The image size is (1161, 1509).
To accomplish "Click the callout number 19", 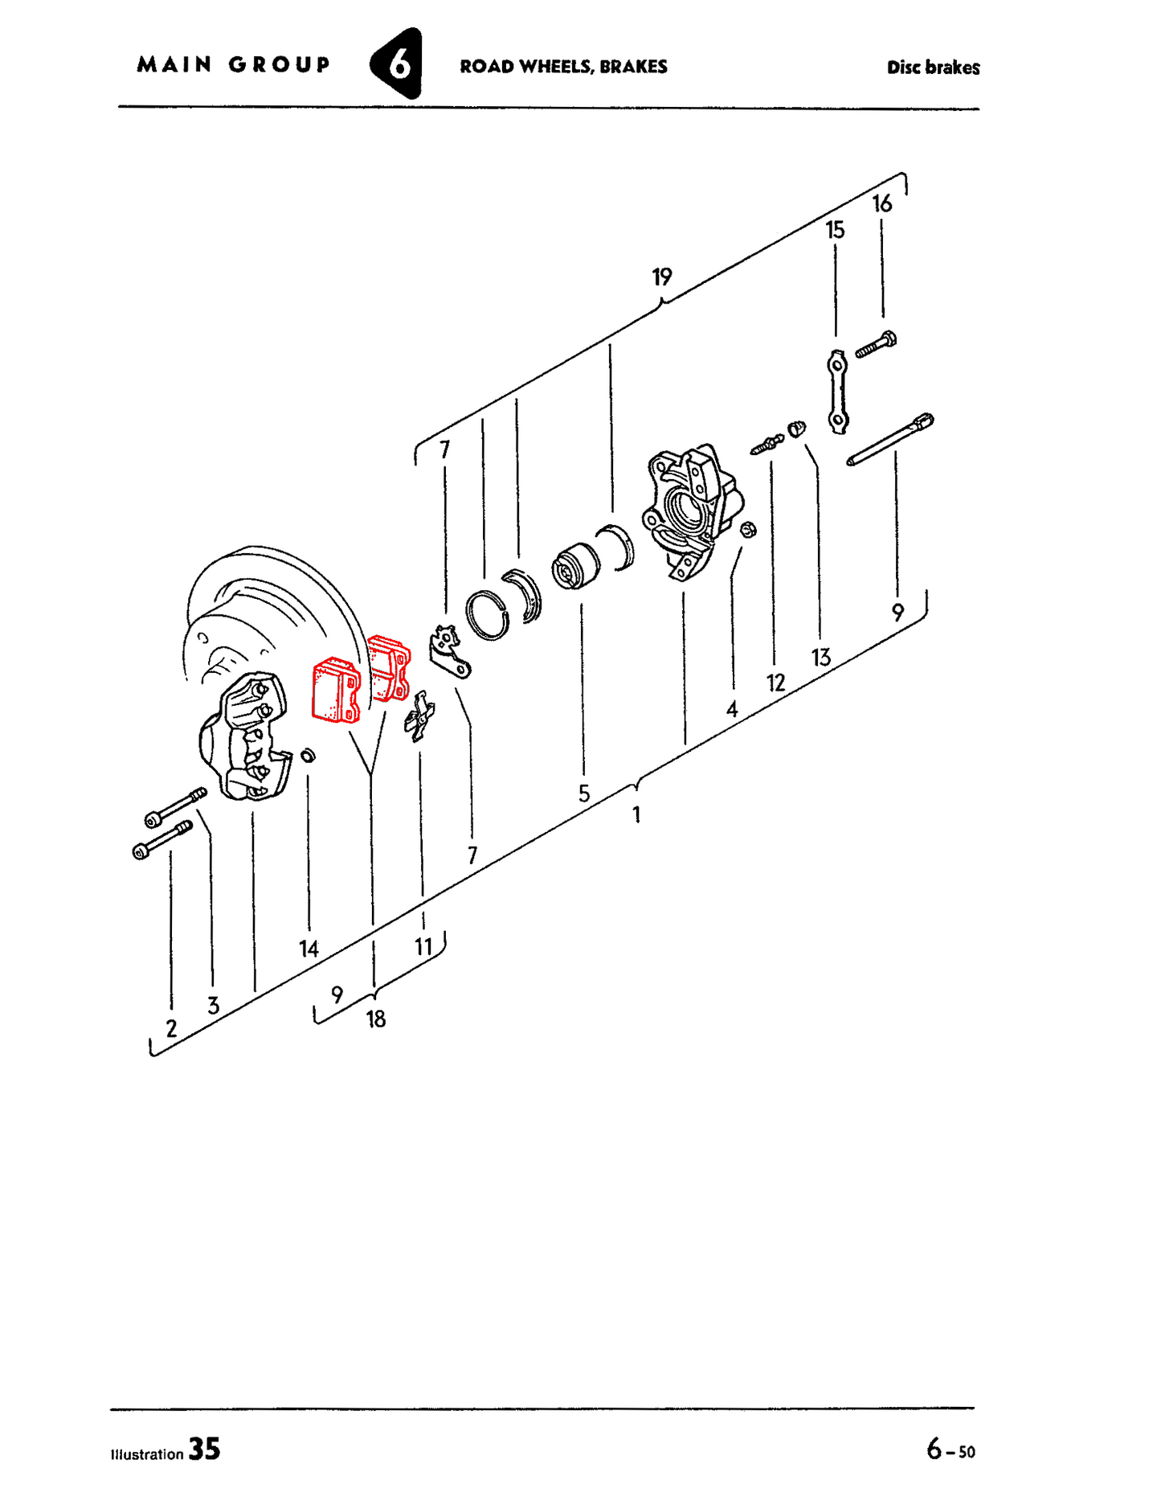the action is [661, 277].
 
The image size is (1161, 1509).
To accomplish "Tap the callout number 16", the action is [882, 204].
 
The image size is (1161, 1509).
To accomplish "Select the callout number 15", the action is [835, 231].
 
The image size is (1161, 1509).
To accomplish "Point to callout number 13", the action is [820, 658].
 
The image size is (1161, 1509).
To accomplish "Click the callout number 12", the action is [775, 683].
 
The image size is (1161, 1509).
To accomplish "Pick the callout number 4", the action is [732, 710].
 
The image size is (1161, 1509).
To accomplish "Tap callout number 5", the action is [584, 794].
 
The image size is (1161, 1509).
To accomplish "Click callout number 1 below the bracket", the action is [636, 815].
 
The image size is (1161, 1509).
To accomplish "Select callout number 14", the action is [309, 949].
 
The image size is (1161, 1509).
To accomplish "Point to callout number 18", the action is [375, 1019].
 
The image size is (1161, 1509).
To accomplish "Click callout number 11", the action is [423, 947].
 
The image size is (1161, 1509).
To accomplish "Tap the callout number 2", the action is [171, 1028].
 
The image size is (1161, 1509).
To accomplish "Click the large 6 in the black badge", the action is [399, 65].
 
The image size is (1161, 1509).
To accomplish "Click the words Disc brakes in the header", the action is [933, 68].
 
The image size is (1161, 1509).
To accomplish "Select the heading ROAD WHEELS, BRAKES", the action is [563, 67].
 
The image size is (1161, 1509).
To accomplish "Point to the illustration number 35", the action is [204, 1450].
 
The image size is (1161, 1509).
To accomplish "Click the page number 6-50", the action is [950, 1450].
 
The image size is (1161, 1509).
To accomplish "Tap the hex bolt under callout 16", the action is [876, 345].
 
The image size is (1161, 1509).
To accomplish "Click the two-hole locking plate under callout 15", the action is [837, 392].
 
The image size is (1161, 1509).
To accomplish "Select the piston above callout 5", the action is [576, 566].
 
